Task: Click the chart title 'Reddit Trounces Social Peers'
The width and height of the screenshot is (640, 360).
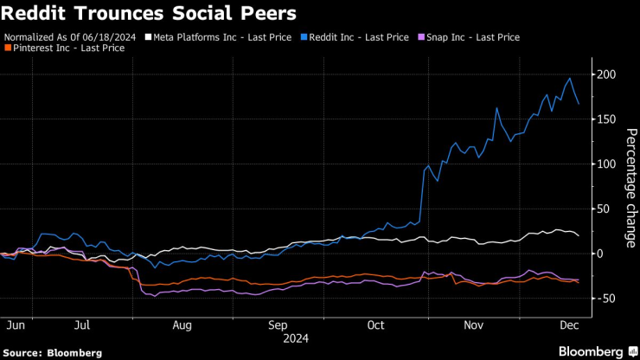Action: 150,14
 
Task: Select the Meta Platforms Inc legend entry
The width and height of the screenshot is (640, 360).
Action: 220,38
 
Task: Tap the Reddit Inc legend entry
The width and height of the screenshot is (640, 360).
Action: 355,38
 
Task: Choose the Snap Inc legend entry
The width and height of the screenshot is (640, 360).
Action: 470,38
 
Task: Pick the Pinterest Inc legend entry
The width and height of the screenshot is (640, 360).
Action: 67,48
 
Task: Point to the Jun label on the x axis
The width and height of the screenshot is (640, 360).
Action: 16,325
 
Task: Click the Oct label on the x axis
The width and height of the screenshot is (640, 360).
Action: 375,325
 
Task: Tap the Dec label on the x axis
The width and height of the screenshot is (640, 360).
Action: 571,325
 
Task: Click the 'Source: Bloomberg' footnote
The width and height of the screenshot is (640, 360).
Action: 53,353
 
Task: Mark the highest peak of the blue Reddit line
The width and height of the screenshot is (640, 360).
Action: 569,79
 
